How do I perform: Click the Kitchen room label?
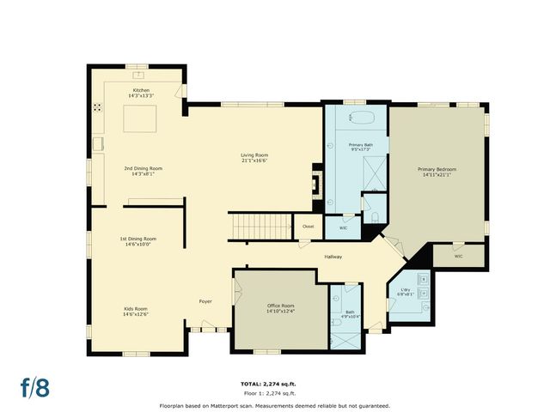coord(141,93)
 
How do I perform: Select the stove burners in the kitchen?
coord(98,108)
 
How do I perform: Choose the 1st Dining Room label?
coord(137,241)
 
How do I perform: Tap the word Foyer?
coord(205,301)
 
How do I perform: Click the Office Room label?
coord(280,308)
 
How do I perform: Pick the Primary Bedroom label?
coord(434,173)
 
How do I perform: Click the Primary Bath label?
coord(361,147)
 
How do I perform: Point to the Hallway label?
coord(333,257)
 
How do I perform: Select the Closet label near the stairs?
coord(308,227)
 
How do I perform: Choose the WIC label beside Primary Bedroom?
coord(458,255)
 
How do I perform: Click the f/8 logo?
coord(35,386)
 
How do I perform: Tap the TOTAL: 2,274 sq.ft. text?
coord(274,384)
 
